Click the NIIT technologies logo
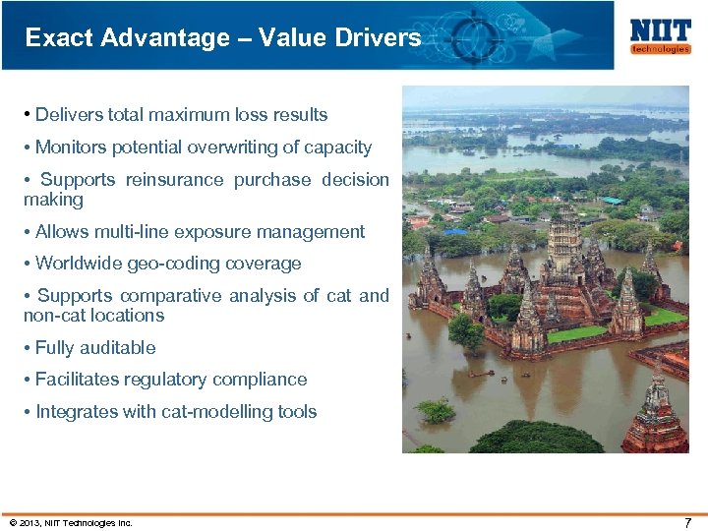(x=660, y=35)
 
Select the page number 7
(x=687, y=522)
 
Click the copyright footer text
(x=70, y=522)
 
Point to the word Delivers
(x=69, y=115)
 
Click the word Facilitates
(x=77, y=380)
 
